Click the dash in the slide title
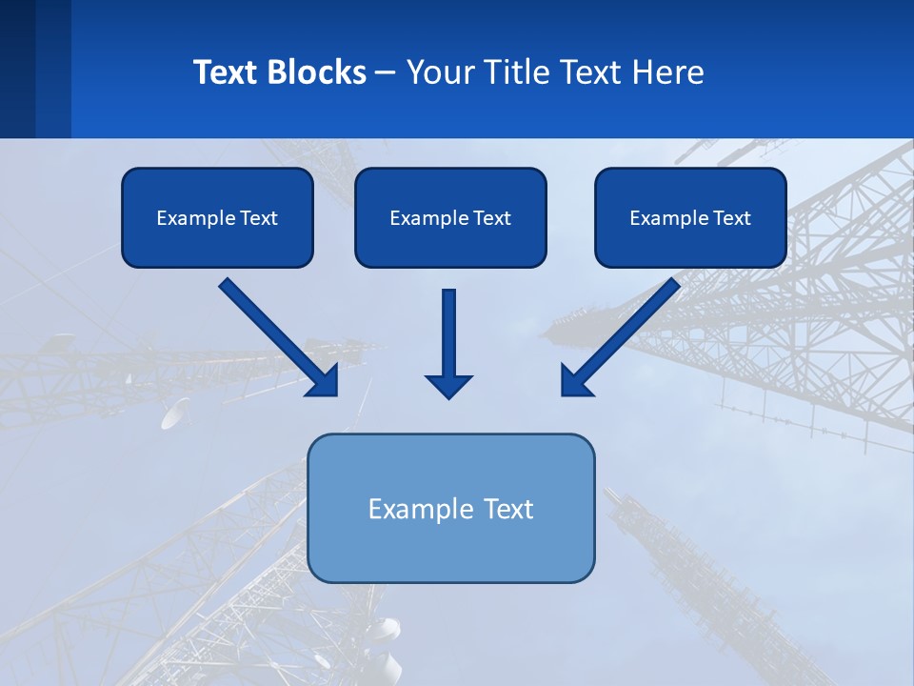click(386, 72)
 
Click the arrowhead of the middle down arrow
click(449, 386)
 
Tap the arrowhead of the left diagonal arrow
click(325, 382)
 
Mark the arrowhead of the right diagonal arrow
click(575, 382)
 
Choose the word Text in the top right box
click(731, 218)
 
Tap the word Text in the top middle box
click(491, 218)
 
